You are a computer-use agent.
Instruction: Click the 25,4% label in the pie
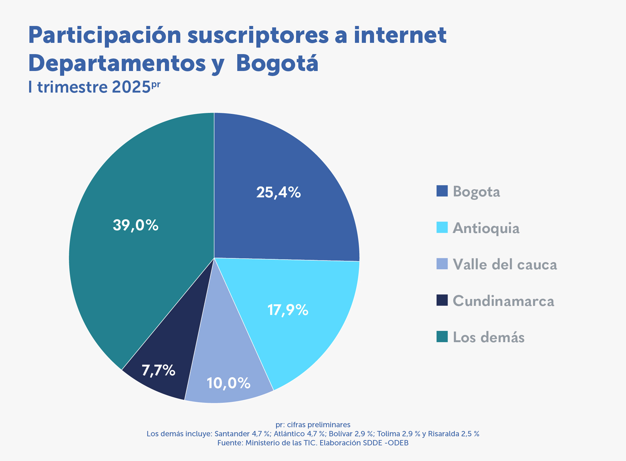tap(278, 192)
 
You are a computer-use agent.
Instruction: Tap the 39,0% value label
tap(136, 225)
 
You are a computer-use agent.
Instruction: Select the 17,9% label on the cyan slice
tap(288, 310)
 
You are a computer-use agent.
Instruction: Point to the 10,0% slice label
tap(228, 383)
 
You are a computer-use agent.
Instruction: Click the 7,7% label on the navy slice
tap(158, 370)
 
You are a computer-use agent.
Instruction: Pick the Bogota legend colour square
tap(442, 191)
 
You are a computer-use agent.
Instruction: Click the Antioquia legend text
tap(486, 228)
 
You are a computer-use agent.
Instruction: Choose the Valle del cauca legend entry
tap(505, 265)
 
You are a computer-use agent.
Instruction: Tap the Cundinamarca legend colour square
tap(442, 300)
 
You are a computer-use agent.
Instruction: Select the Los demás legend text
tap(488, 337)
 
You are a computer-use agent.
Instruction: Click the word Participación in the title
tap(105, 36)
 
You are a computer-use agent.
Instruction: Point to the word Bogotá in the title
tap(277, 63)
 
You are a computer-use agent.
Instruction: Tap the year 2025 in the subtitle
tap(131, 87)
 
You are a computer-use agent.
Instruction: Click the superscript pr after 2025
tap(156, 84)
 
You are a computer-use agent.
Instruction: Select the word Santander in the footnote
tap(232, 434)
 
